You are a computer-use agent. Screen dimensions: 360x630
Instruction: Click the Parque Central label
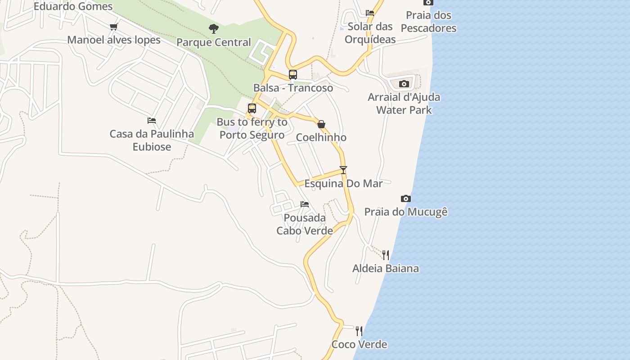213,42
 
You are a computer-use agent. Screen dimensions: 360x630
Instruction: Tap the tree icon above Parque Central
214,29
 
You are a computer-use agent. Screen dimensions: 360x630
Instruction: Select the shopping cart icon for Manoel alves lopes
114,27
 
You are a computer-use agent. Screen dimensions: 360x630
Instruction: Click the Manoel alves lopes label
114,40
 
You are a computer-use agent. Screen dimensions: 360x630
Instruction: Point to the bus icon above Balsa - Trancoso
293,75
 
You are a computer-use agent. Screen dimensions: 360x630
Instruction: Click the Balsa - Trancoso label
293,88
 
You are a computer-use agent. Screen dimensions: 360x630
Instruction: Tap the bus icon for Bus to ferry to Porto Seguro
252,108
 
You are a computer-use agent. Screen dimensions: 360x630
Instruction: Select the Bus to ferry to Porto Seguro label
252,128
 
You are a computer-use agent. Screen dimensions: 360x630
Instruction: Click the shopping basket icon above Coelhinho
321,124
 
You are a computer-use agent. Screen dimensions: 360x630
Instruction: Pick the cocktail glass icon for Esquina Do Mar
343,170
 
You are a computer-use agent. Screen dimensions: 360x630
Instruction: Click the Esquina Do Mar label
343,184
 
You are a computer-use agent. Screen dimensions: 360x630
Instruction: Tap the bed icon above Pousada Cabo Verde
305,204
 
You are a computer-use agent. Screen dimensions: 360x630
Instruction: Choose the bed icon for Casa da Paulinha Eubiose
152,121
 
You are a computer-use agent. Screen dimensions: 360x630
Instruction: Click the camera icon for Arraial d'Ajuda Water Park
404,84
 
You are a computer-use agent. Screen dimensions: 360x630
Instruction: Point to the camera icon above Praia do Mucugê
406,198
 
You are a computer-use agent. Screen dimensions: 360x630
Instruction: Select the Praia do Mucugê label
406,212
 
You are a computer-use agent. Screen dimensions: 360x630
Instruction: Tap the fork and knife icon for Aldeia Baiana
386,255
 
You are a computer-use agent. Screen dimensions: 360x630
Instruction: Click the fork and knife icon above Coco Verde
359,331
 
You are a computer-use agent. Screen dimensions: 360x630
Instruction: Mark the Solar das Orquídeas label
370,33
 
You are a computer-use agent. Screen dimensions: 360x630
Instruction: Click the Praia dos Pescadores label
428,22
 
